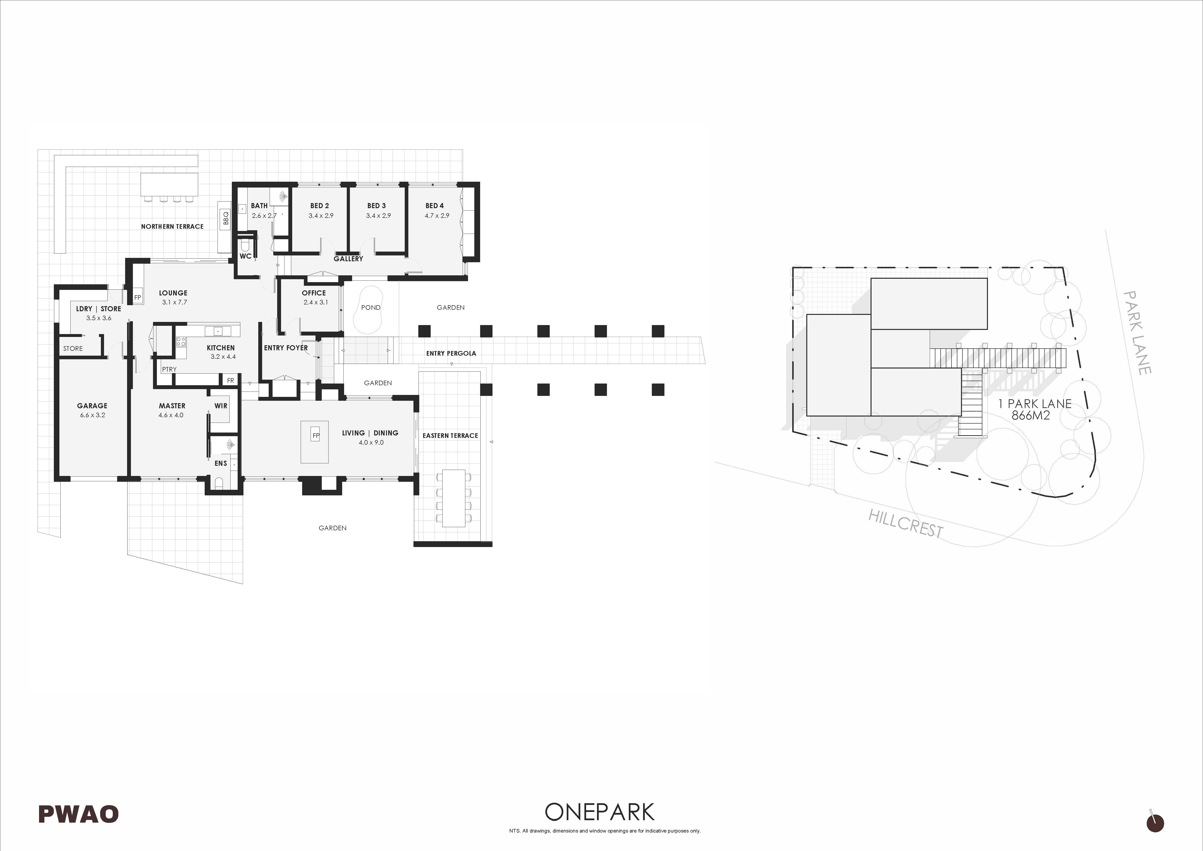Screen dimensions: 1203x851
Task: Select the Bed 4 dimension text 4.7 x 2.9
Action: [437, 215]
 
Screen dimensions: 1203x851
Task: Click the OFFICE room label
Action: [314, 293]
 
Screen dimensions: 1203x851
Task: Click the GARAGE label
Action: [92, 406]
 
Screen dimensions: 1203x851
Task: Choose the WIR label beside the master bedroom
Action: [221, 406]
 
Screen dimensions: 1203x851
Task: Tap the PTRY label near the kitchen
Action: [169, 369]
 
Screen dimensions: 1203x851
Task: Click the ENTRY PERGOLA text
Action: [451, 353]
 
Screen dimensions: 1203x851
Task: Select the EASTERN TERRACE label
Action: [451, 435]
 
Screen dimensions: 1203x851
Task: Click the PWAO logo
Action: [79, 814]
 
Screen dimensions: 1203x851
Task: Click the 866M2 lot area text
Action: [1031, 416]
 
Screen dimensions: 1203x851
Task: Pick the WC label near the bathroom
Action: [245, 256]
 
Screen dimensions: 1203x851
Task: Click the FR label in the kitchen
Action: [231, 380]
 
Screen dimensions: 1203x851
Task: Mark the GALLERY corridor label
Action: [348, 259]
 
